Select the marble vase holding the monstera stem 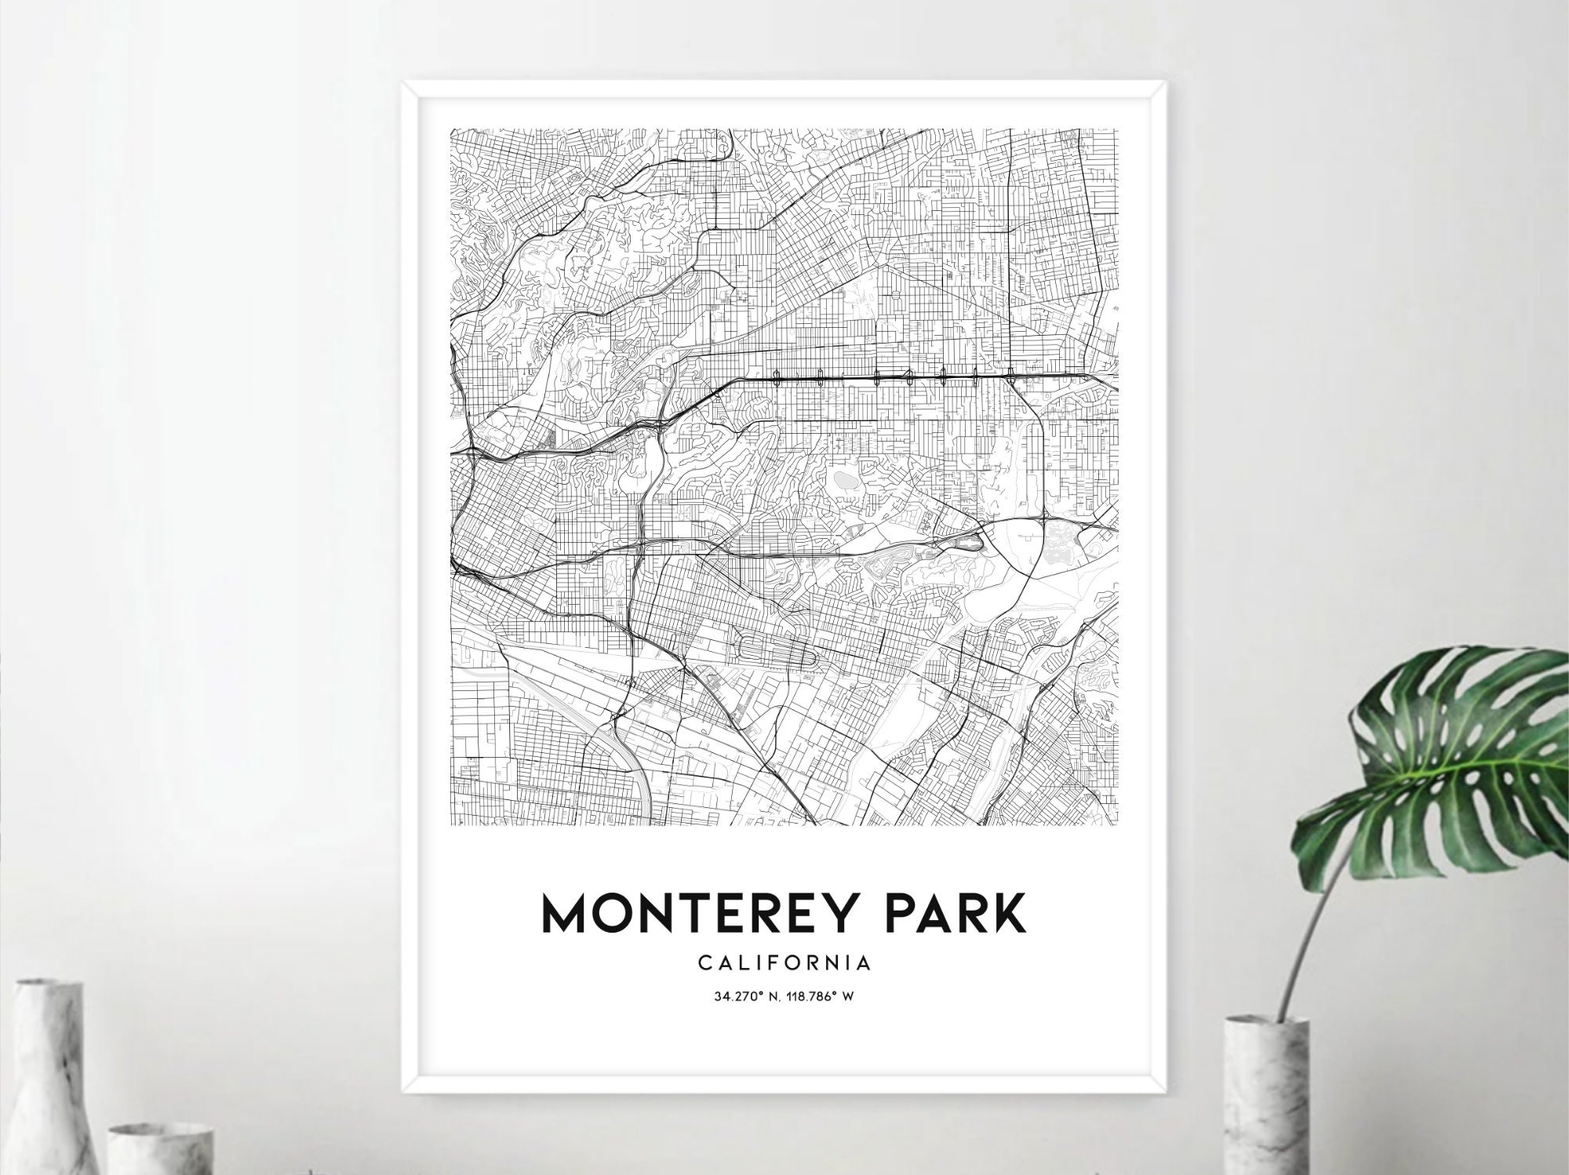[1265, 1098]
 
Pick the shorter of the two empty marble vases [161, 1149]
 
